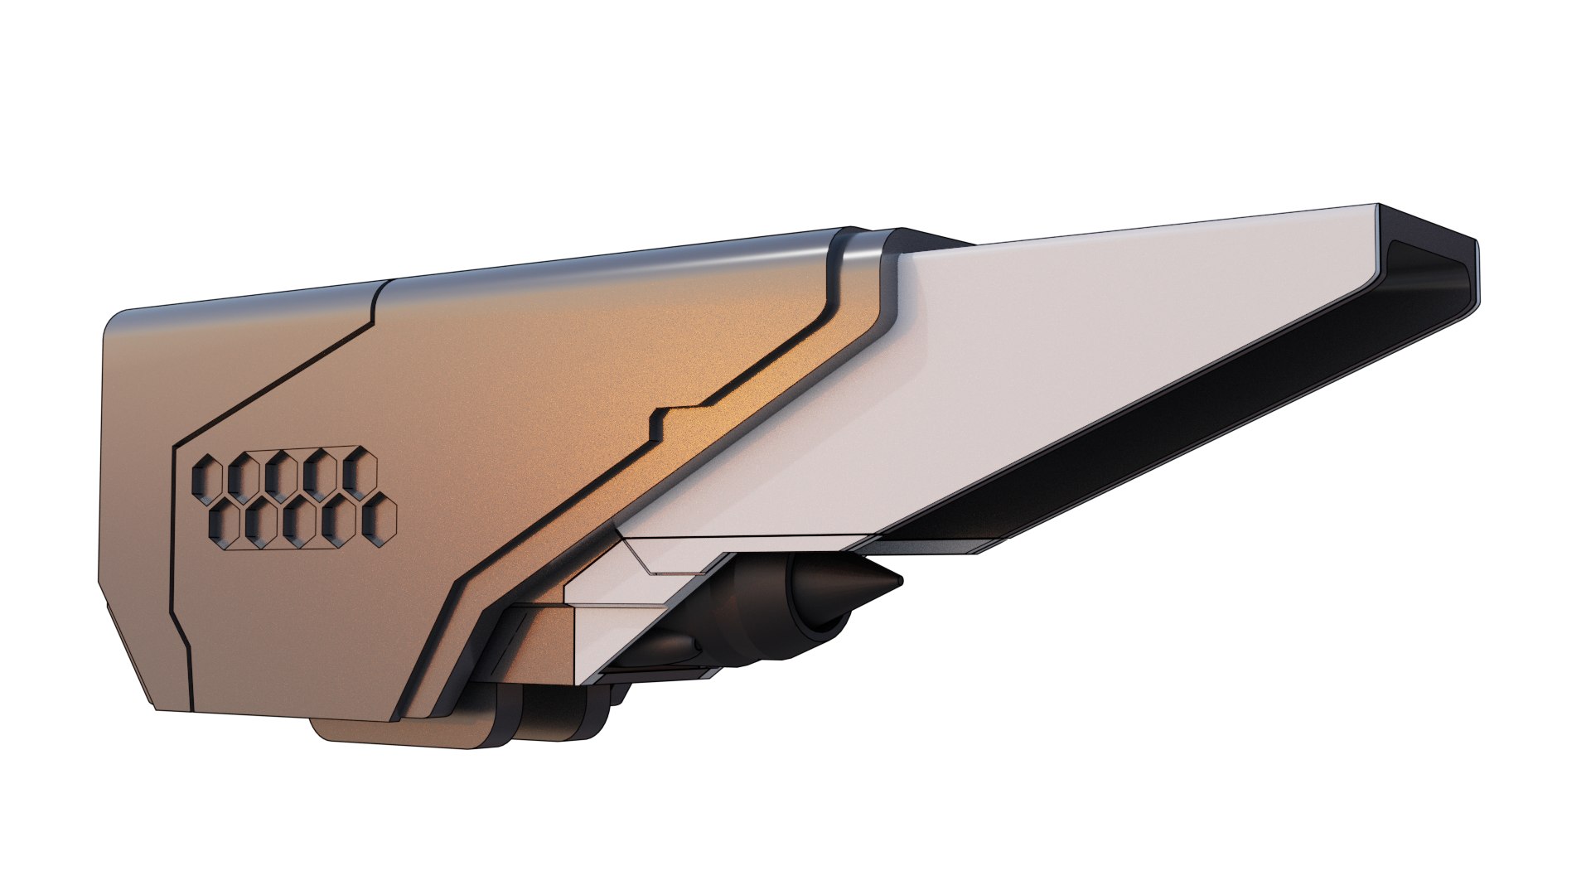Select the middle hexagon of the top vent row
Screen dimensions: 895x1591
(x=282, y=476)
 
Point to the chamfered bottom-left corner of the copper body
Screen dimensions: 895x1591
(x=124, y=655)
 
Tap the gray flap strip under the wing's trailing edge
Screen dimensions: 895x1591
(x=936, y=547)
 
